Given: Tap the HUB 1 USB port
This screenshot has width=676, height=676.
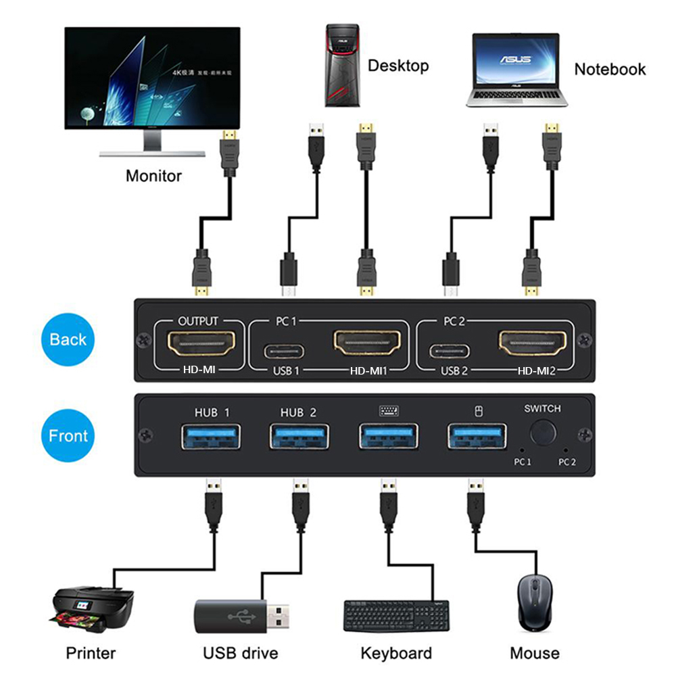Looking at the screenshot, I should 211,436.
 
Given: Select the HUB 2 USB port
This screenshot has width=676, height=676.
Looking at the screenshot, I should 298,436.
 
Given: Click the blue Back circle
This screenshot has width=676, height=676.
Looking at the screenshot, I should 68,339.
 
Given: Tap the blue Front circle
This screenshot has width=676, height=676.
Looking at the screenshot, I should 68,436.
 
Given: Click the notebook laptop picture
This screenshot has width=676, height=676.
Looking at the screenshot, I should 516,70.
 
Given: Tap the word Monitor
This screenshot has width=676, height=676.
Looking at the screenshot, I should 153,176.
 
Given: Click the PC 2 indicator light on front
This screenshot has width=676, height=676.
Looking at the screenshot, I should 565,449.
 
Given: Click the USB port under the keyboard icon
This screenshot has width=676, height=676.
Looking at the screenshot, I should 388,436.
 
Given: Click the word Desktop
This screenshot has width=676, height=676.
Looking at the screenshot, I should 398,66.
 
